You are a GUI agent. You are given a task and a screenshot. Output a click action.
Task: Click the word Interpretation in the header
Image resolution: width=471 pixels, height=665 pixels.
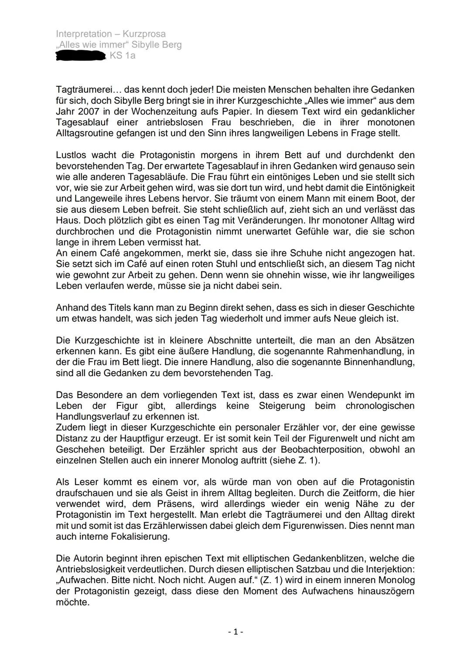click(x=84, y=34)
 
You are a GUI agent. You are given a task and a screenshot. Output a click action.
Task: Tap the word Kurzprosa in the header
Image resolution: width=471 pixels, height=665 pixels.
click(x=144, y=34)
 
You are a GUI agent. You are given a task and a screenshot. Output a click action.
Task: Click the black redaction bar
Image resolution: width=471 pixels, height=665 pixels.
click(x=81, y=56)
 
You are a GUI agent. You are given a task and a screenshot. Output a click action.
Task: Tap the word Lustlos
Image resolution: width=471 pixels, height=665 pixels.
click(x=70, y=155)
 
